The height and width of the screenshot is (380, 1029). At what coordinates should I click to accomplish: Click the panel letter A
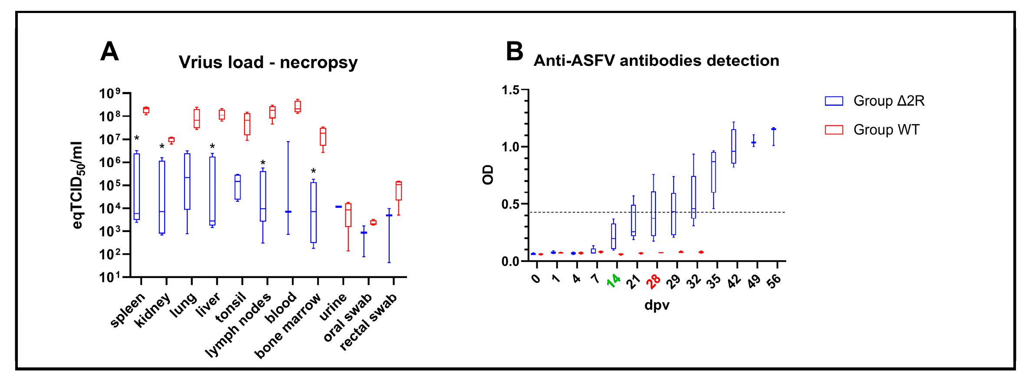109,52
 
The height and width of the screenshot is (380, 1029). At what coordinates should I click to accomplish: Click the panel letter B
514,52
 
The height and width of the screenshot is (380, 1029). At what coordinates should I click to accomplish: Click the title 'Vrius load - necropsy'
268,62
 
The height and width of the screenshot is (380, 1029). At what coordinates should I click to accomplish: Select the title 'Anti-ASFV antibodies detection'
656,61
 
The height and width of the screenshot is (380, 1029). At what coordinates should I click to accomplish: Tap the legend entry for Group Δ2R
874,101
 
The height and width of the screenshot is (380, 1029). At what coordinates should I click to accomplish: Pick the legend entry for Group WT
872,130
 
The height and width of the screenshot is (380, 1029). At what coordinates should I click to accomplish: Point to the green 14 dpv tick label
614,281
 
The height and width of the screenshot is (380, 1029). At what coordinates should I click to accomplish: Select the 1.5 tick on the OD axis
510,90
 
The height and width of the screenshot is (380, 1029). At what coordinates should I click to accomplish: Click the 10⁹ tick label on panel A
109,93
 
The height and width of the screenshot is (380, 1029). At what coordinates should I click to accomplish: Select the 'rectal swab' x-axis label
368,321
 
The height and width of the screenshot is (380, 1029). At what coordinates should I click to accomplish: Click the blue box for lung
187,181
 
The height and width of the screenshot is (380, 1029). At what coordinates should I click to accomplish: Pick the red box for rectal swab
398,191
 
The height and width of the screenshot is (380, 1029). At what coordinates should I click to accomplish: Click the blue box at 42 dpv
734,146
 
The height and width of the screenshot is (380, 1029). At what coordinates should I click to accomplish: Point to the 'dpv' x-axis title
656,305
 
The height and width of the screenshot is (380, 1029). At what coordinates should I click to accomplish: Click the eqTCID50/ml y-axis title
77,185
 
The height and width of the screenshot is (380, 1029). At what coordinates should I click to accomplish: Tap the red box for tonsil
247,124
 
